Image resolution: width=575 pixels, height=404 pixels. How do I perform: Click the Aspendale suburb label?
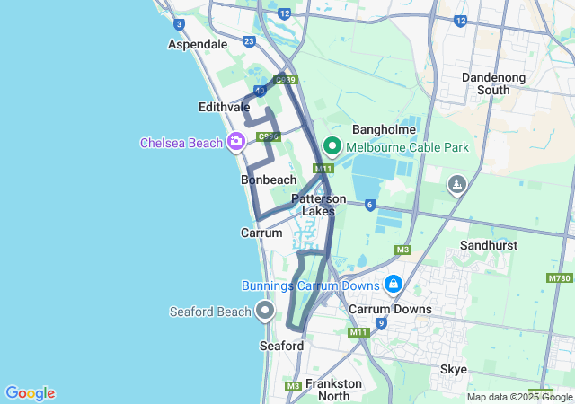(198, 44)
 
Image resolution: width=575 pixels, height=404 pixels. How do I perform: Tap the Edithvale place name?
(224, 107)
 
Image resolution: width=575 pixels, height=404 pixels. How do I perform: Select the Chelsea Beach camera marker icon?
(236, 141)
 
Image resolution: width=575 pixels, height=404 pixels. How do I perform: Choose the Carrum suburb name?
(261, 233)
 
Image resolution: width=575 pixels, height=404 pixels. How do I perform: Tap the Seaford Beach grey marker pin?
(265, 311)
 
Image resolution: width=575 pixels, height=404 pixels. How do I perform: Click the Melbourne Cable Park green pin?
(331, 145)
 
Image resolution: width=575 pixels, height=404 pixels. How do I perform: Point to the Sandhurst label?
(489, 244)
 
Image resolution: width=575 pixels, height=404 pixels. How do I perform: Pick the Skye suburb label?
(454, 369)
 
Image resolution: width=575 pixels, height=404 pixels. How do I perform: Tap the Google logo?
(30, 393)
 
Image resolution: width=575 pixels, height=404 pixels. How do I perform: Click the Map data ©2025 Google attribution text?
(519, 397)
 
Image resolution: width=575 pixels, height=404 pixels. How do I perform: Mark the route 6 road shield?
(370, 205)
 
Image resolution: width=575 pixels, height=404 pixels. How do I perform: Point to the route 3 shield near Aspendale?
(180, 24)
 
